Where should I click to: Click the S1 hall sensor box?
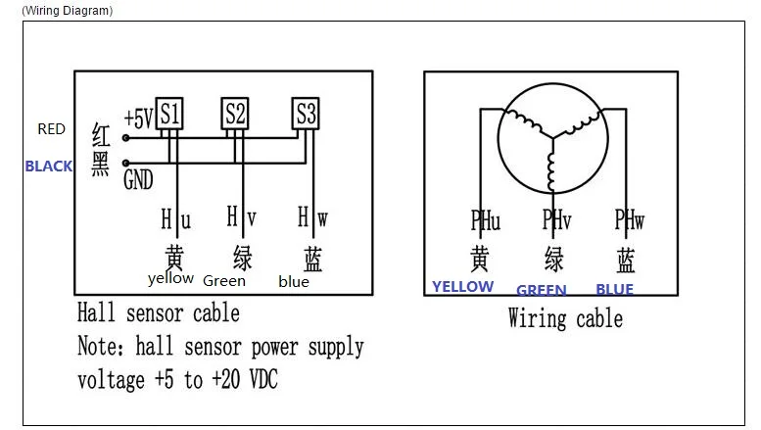[169, 114]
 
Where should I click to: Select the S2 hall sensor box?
[235, 114]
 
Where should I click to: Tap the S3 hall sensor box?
[306, 114]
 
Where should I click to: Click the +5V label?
[138, 118]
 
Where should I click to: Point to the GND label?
[138, 179]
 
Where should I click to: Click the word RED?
[52, 129]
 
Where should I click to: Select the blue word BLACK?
[49, 167]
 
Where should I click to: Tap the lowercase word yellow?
[170, 278]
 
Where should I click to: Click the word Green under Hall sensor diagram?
[224, 281]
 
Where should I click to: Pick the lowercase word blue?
[294, 282]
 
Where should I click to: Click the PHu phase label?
[486, 220]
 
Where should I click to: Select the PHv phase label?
[556, 220]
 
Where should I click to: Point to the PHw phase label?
[630, 219]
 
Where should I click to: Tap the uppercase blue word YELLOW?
[463, 287]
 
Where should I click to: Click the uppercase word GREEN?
[542, 290]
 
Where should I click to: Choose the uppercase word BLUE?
[614, 289]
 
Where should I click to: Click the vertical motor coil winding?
[551, 171]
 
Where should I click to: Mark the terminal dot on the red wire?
[125, 138]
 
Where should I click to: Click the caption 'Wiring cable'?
[565, 319]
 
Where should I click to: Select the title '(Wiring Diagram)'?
[68, 11]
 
